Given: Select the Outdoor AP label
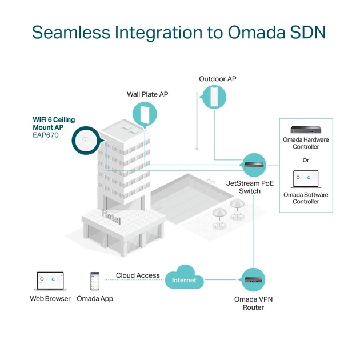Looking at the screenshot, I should tap(217, 79).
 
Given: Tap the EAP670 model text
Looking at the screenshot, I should tap(46, 136).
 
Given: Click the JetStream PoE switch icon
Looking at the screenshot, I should tap(253, 165).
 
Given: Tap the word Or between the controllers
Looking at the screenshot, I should tap(306, 160).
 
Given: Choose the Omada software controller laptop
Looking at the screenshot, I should tap(306, 179).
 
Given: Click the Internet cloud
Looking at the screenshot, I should tap(183, 279).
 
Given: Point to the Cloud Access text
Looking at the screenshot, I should tap(138, 275).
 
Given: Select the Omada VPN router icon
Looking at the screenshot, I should tap(253, 280).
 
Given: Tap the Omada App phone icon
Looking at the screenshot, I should tap(94, 281).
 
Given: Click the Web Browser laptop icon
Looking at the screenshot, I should tap(50, 281).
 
